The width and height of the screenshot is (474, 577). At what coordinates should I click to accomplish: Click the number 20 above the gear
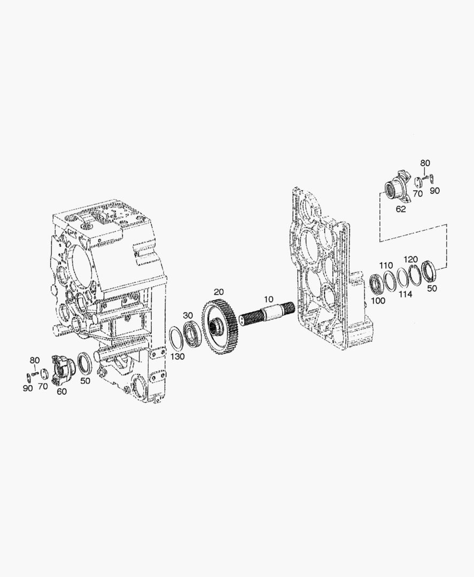[219, 292]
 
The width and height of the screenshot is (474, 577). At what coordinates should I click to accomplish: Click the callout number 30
[188, 315]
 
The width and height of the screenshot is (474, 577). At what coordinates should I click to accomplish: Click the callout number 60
[62, 392]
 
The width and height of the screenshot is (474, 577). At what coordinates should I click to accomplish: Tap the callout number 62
[400, 209]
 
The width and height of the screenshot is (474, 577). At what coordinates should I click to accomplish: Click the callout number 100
[378, 301]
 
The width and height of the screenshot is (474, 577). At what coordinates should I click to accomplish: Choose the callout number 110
[386, 266]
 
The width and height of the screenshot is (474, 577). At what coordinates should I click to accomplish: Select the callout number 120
[410, 259]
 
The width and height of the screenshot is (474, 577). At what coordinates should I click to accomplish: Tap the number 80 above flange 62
[425, 163]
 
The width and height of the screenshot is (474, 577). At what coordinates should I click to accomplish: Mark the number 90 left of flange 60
[27, 388]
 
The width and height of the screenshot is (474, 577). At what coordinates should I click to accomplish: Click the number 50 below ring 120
[432, 288]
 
